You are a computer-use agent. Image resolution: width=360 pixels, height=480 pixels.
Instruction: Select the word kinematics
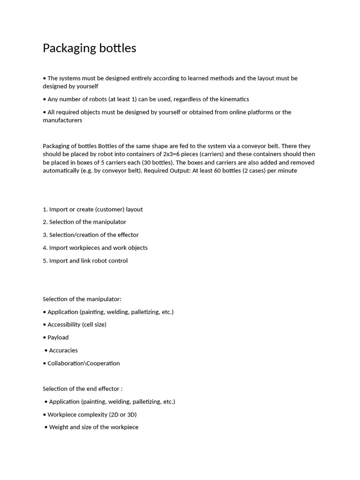[233, 99]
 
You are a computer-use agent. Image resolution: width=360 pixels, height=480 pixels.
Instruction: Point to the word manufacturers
[62, 120]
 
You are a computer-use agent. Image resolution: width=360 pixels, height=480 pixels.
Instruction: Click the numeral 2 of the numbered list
[45, 222]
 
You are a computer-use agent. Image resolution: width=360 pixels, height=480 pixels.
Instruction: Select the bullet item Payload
[58, 337]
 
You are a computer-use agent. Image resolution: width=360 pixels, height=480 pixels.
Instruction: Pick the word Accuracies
[63, 351]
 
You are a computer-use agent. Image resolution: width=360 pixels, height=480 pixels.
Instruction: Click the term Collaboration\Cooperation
[83, 363]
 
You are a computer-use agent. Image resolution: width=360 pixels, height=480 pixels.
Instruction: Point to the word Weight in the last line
[59, 427]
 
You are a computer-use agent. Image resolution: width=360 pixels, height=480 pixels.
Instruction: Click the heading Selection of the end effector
[82, 389]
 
